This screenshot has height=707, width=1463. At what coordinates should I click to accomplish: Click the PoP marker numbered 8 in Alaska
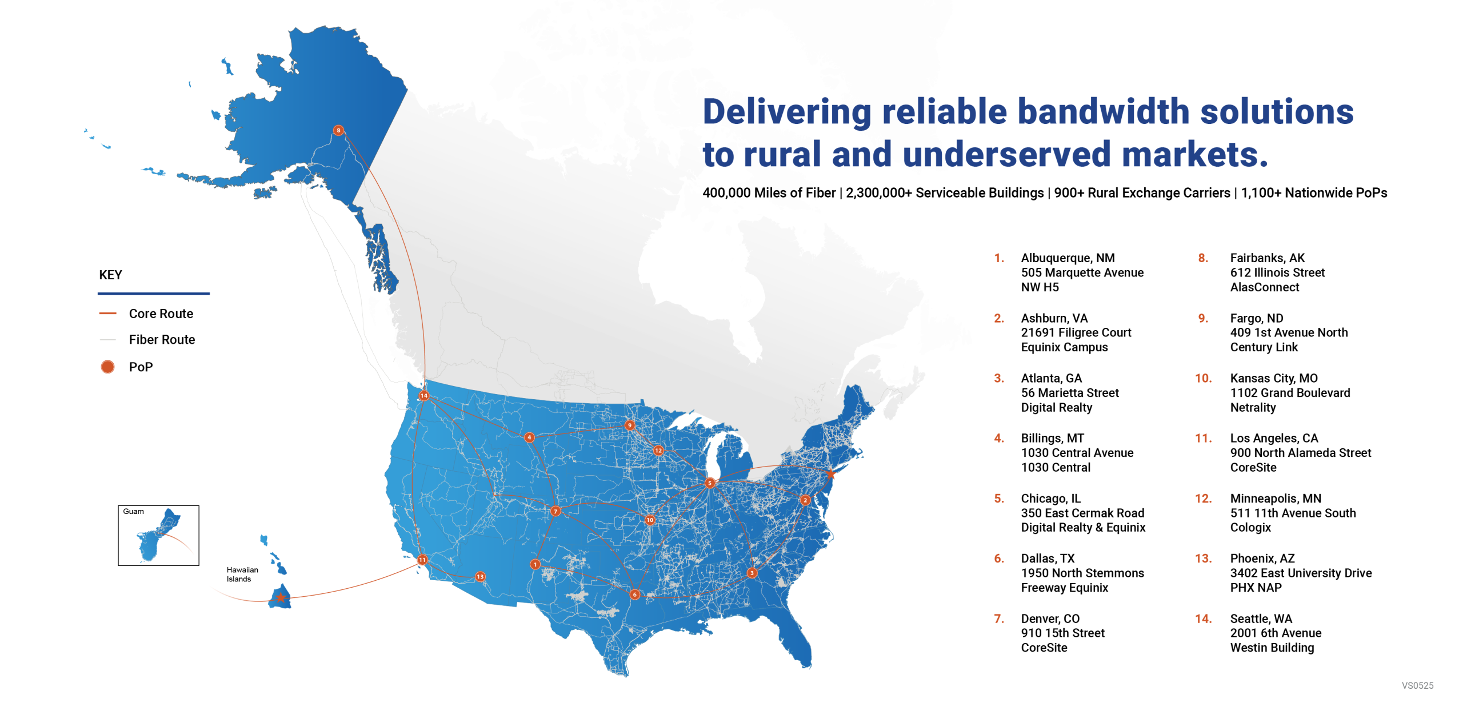[x=338, y=130]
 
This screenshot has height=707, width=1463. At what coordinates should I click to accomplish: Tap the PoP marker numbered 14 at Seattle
[x=423, y=396]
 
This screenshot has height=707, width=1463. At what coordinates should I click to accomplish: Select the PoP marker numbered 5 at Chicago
[x=709, y=483]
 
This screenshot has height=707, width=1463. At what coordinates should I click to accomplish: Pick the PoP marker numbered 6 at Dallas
[x=634, y=594]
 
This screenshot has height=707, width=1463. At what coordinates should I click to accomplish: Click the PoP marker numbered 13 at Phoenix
[x=480, y=577]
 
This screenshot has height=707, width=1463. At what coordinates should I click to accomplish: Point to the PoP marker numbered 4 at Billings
[x=529, y=437]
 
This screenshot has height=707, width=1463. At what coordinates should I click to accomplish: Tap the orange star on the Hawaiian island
[x=281, y=598]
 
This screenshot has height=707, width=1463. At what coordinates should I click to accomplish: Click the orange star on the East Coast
[x=830, y=473]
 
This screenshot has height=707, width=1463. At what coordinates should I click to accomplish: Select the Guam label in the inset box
[x=133, y=511]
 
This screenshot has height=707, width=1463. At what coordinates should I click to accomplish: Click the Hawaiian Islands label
[x=242, y=574]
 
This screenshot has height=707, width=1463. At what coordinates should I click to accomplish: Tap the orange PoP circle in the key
[x=107, y=367]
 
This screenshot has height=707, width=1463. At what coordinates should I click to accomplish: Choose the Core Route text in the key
[x=161, y=314]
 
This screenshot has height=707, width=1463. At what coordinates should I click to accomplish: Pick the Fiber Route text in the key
[x=162, y=340]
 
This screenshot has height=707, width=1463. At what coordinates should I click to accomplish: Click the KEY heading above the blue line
[x=110, y=275]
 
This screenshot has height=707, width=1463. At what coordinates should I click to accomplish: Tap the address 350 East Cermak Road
[x=1082, y=513]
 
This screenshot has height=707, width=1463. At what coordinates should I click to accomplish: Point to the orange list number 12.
[x=1202, y=498]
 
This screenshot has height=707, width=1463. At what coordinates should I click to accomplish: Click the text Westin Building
[x=1272, y=648]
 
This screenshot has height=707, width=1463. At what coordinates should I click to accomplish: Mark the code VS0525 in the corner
[x=1417, y=685]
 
